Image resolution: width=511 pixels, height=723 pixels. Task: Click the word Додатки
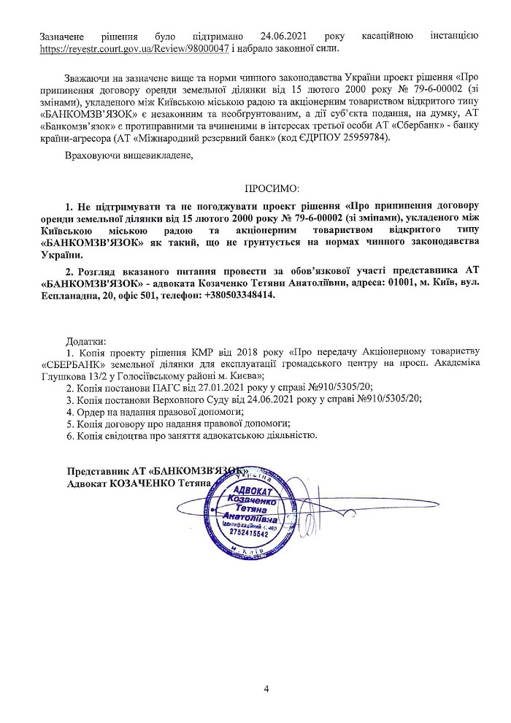tap(86, 342)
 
